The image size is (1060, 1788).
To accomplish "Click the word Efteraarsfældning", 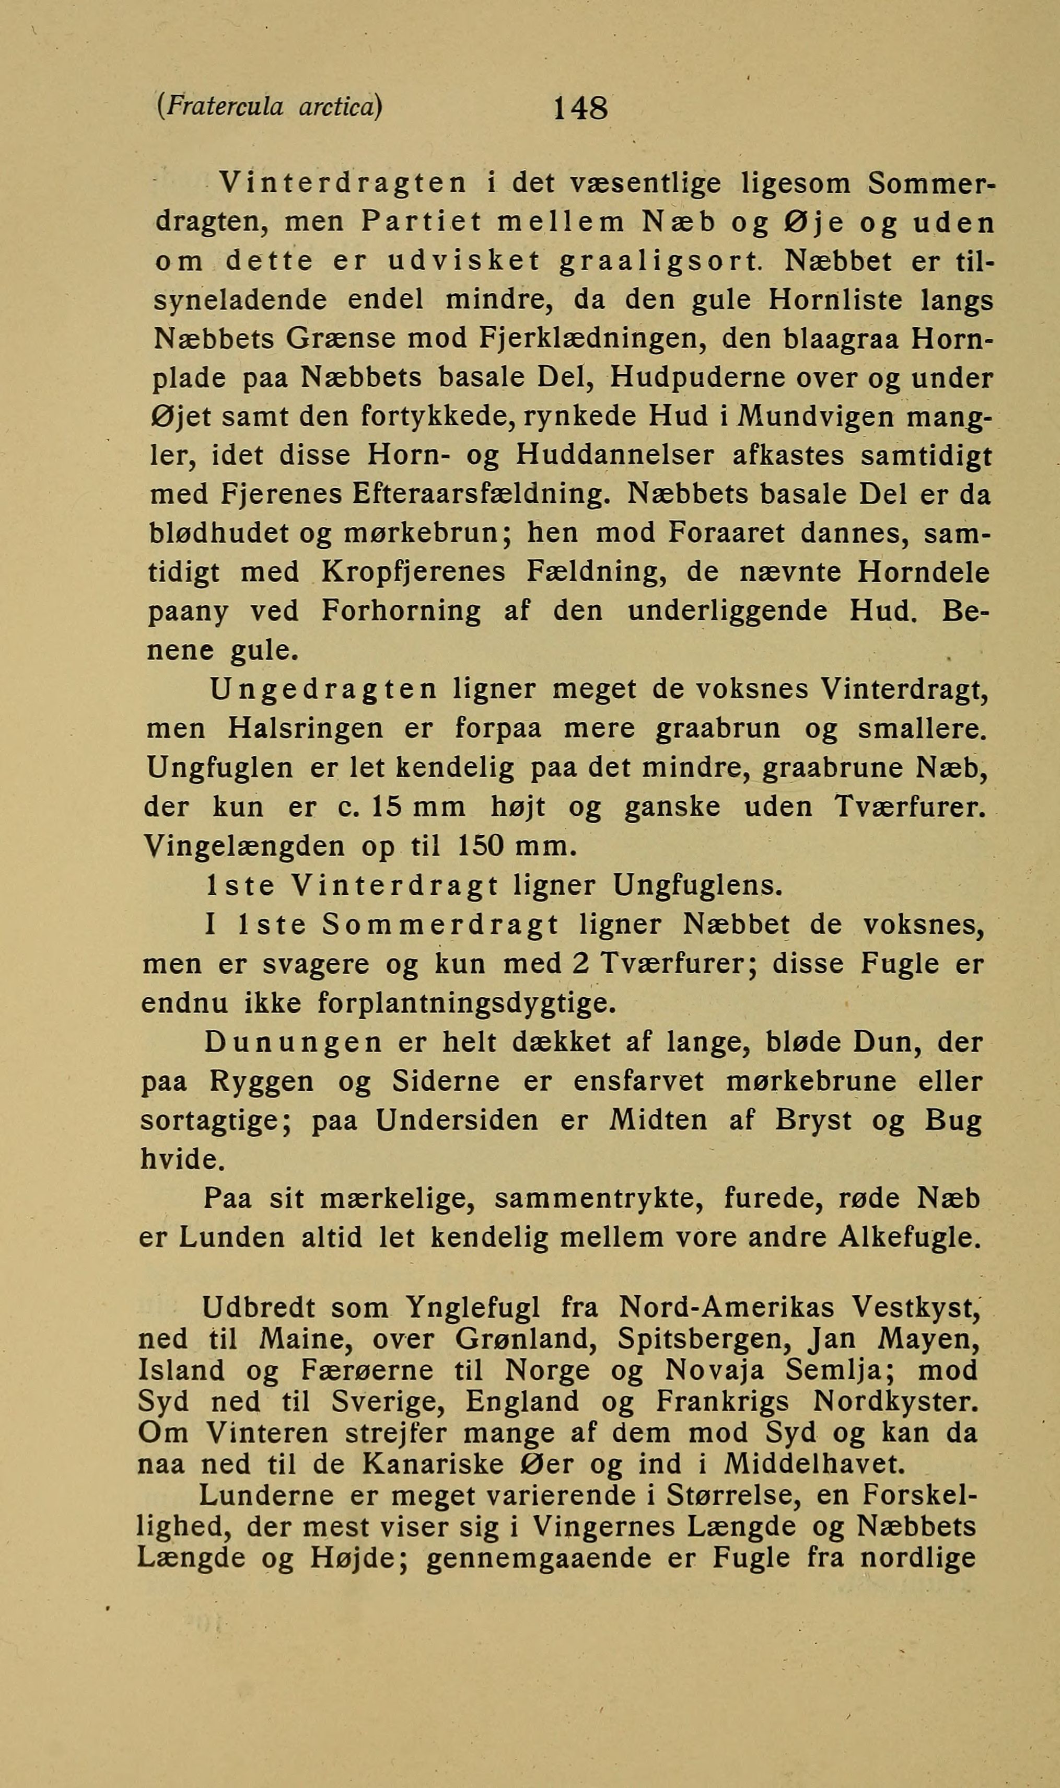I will tap(482, 494).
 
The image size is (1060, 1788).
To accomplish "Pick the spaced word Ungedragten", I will tap(323, 689).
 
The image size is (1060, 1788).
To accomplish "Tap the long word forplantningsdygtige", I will tap(465, 1003).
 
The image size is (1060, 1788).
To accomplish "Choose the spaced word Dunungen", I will tap(293, 1043).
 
